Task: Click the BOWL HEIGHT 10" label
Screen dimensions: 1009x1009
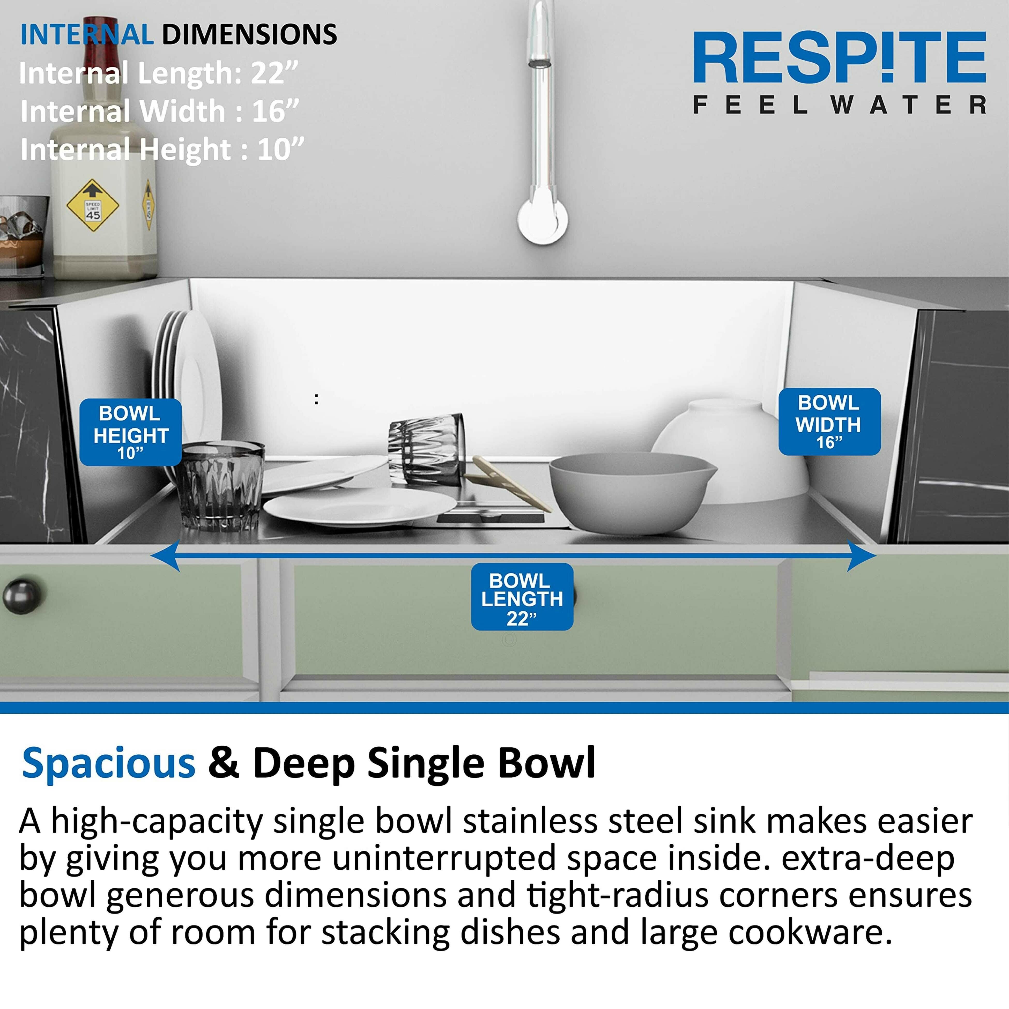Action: pyautogui.click(x=131, y=432)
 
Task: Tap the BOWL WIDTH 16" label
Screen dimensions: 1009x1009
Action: pyautogui.click(x=829, y=421)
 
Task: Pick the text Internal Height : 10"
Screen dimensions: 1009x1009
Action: pyautogui.click(x=162, y=150)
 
